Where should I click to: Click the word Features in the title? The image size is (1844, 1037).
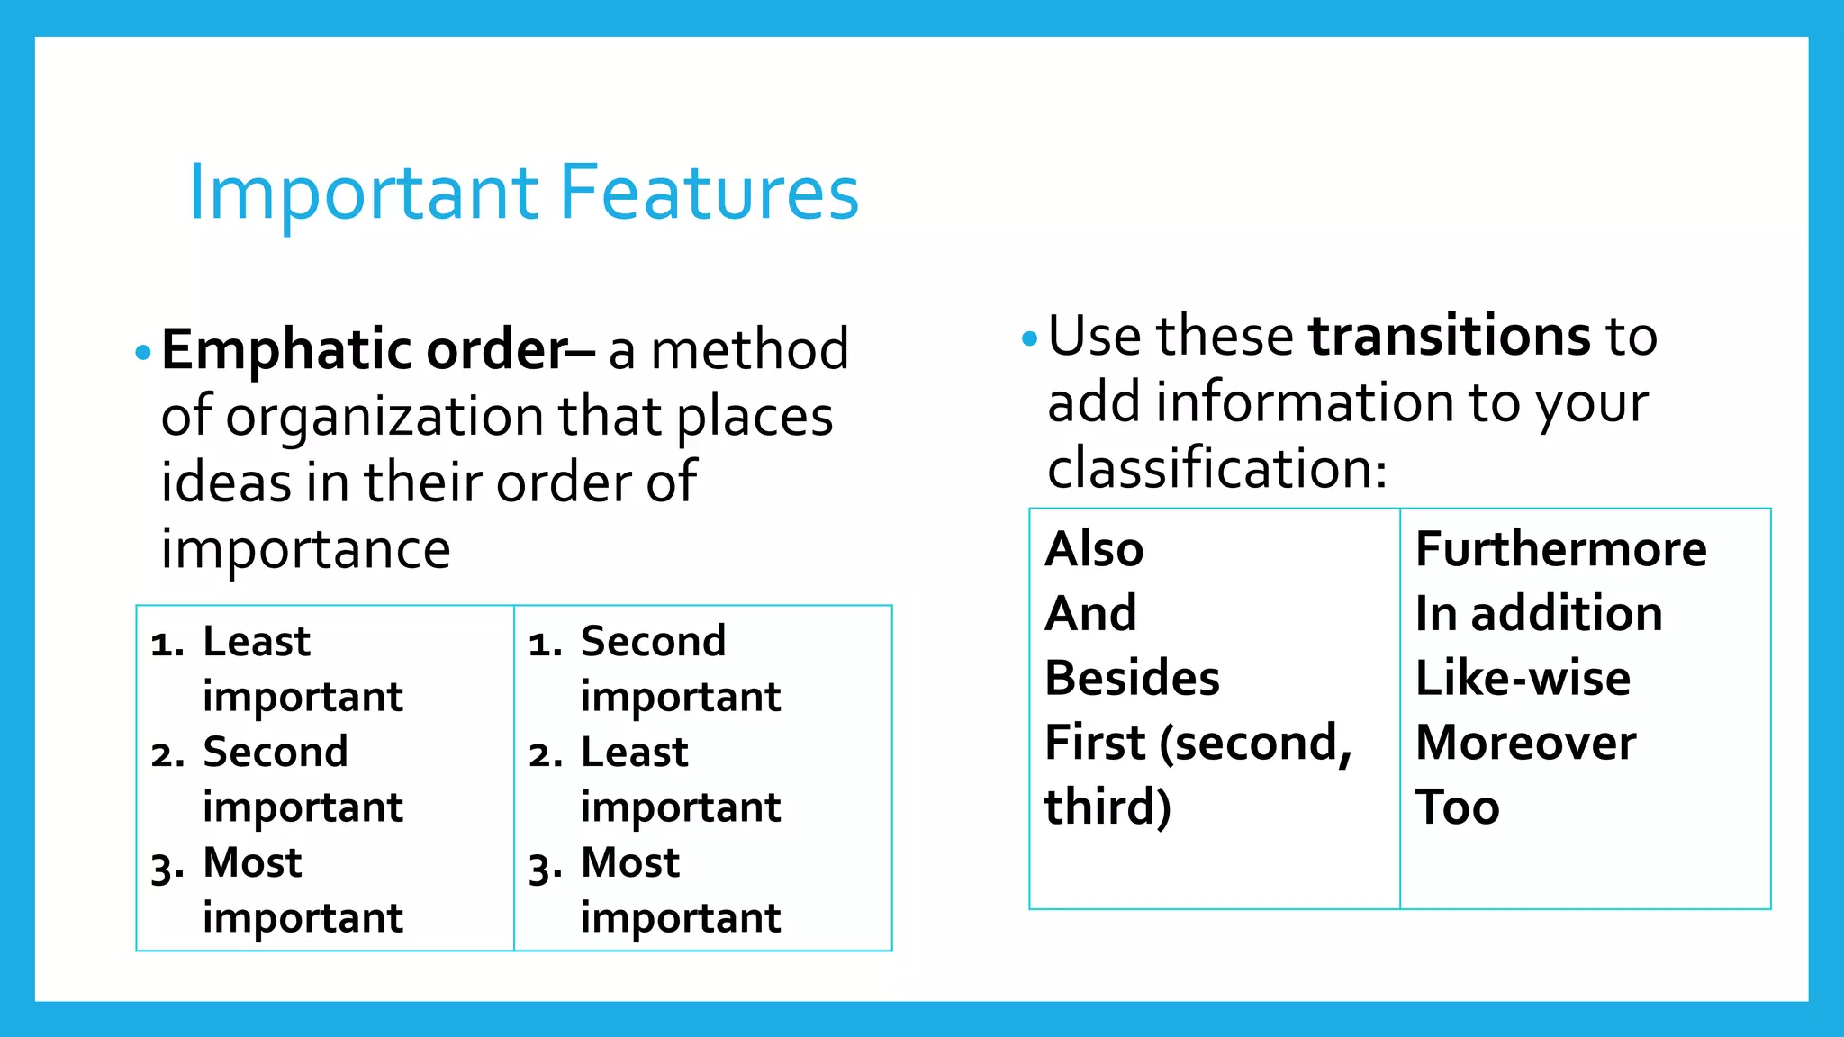pos(709,193)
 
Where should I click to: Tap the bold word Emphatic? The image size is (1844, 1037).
pos(286,349)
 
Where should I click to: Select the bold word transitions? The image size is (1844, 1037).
pos(1450,336)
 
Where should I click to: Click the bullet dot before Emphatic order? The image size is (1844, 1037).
pos(142,352)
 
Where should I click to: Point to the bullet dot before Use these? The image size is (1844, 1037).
pos(1030,339)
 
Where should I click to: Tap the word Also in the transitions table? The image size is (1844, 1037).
pos(1094,548)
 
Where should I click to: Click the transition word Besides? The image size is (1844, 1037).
pos(1132,678)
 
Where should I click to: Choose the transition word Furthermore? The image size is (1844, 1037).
pos(1560,548)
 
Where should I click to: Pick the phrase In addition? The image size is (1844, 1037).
pos(1538,614)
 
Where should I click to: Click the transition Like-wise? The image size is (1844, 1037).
pos(1523,678)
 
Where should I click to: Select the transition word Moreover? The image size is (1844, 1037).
pos(1525,743)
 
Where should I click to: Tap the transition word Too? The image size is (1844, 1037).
pos(1457,807)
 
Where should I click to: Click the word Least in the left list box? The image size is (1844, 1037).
pos(257,642)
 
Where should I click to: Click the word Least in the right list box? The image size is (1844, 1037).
pos(634,753)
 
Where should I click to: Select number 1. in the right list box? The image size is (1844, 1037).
pos(545,645)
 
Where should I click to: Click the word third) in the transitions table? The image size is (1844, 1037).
pos(1107,807)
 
